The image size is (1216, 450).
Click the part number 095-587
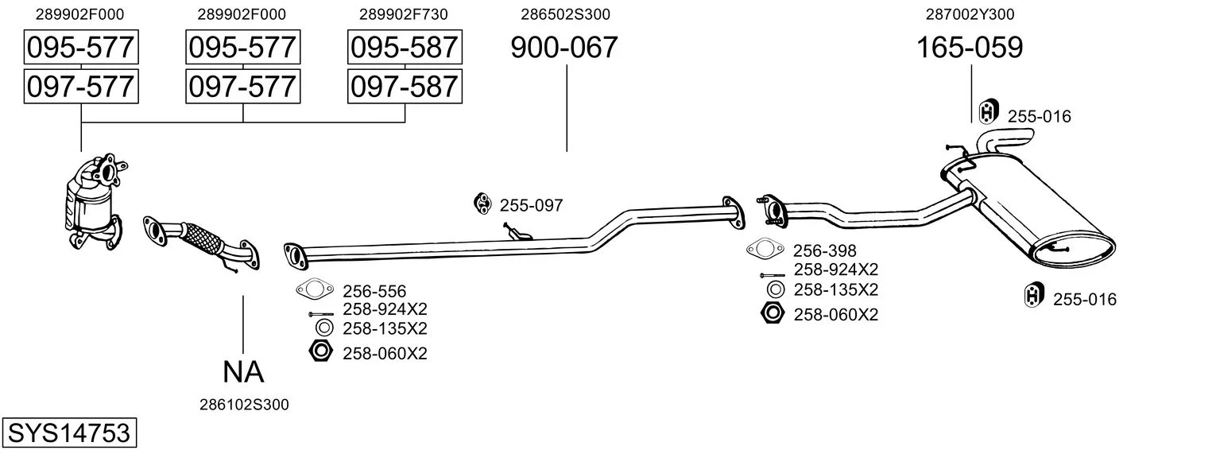point(405,47)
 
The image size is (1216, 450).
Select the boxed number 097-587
point(405,87)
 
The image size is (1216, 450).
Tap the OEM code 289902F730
point(403,14)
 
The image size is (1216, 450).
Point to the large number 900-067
point(564,47)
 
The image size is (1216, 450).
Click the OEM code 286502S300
point(565,14)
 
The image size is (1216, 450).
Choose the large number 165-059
point(970,47)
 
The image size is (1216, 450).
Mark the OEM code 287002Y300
point(970,14)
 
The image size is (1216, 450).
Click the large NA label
point(243,372)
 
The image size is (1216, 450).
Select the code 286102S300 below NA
point(244,405)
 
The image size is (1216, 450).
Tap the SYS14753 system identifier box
point(69,433)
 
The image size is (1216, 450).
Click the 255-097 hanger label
point(531,205)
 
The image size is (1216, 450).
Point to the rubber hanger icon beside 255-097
point(482,204)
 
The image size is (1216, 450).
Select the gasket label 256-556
point(374,291)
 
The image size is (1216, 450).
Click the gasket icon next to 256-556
point(314,289)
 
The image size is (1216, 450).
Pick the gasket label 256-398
point(825,250)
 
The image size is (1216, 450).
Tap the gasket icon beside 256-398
point(765,249)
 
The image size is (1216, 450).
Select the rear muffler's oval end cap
point(1072,251)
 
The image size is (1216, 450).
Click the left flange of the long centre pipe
point(296,257)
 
